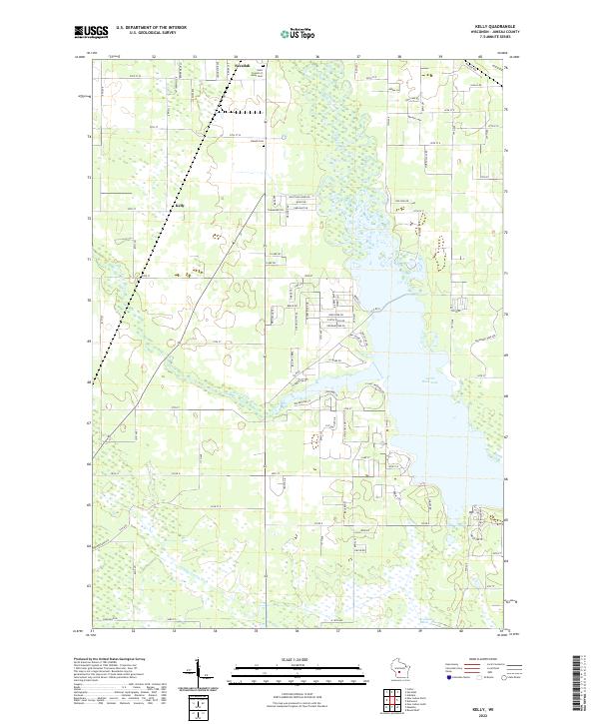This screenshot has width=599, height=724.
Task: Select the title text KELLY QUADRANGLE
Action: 486,27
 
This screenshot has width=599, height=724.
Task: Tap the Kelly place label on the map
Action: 181,207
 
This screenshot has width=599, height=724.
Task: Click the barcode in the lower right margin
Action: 580,684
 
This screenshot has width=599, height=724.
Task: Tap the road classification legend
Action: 484,674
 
